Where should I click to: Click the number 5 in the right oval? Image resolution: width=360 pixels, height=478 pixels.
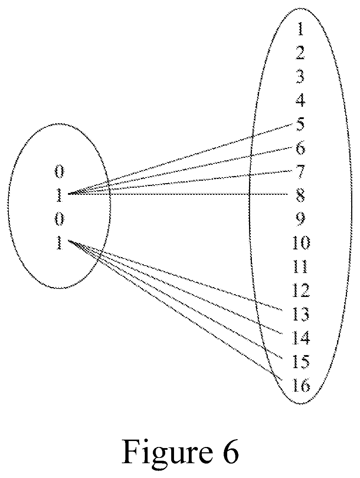pos(300,124)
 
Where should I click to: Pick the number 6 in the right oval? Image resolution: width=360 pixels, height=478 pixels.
pos(300,148)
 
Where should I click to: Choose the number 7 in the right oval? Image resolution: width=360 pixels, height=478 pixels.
pos(300,172)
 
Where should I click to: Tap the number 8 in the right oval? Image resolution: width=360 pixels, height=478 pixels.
pos(300,195)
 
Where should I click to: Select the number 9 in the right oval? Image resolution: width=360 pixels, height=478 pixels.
pos(300,219)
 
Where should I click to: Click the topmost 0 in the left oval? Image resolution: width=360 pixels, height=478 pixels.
pos(59,172)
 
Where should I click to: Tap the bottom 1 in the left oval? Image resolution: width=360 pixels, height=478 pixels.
pos(59,243)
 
